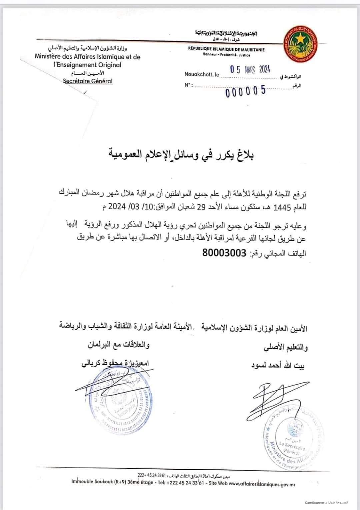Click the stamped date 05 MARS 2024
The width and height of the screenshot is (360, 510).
pos(250,69)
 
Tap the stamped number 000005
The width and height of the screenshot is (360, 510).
pos(246,91)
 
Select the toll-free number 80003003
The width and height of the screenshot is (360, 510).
pos(224,253)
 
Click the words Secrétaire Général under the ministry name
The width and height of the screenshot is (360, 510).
pos(88,81)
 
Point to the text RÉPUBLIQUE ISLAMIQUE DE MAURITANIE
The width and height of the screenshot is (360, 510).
pos(226,49)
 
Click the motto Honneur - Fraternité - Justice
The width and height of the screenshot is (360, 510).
pos(226,55)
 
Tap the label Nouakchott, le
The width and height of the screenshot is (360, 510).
pos(202,74)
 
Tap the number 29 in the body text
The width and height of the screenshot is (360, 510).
pos(201,207)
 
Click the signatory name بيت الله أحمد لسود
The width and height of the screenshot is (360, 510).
pos(278,366)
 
